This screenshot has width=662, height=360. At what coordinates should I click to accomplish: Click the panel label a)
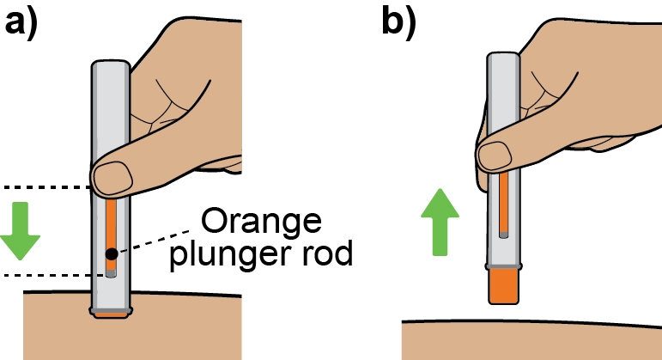[x=23, y=21]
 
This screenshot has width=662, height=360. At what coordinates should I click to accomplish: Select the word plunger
[x=229, y=255]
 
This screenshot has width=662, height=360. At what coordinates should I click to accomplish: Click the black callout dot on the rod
[x=112, y=253]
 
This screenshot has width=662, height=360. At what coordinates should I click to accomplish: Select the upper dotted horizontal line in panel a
[x=47, y=186]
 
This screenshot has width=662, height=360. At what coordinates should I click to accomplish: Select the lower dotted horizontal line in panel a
[x=47, y=275]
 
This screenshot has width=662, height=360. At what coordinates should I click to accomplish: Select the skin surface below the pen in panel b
[x=532, y=340]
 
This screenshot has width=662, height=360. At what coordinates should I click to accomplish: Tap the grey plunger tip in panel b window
[x=503, y=229]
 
